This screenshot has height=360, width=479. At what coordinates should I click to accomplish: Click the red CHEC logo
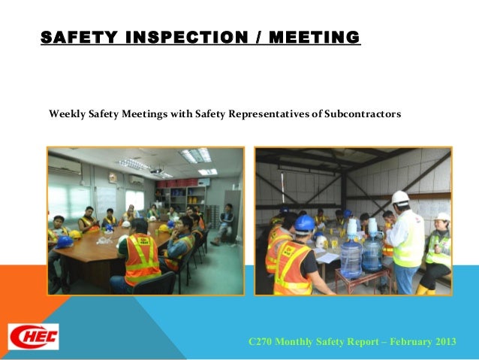(33, 335)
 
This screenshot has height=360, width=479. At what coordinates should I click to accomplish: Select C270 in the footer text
(260, 342)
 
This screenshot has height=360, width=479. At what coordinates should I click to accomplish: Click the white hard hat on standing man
(401, 197)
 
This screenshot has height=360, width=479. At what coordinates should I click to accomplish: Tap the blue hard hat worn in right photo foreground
(304, 222)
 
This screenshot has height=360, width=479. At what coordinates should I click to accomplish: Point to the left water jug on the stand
(351, 255)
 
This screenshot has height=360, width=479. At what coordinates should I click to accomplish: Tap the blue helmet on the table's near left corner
(65, 242)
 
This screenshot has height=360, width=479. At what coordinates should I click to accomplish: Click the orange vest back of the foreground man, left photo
(140, 258)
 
